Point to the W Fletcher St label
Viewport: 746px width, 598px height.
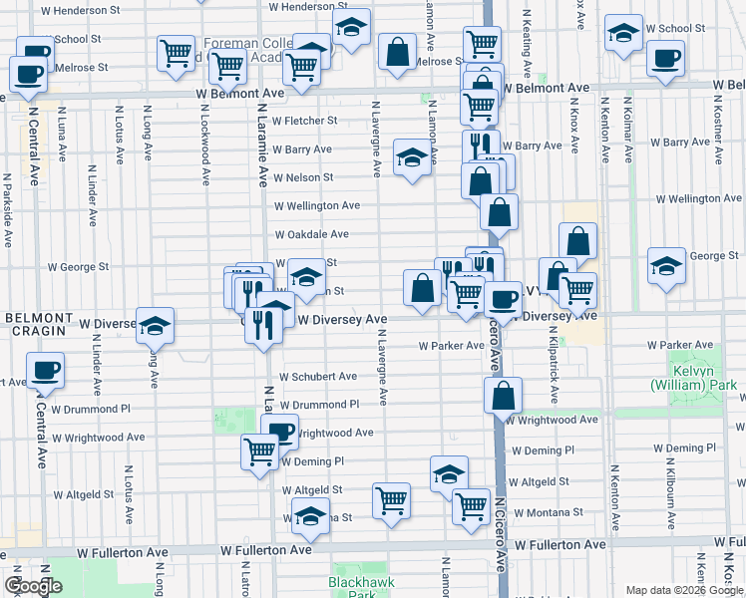(x=306, y=121)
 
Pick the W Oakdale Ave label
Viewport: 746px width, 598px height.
(x=312, y=234)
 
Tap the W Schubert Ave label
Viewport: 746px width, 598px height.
(x=317, y=377)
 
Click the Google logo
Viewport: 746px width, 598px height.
(x=33, y=585)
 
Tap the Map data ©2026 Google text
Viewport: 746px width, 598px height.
(x=683, y=590)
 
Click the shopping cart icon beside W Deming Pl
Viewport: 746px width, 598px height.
(x=259, y=451)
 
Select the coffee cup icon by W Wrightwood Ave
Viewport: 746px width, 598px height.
(x=280, y=431)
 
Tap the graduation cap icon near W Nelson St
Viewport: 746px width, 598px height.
(x=411, y=157)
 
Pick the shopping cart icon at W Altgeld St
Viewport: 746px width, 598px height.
(x=391, y=499)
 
